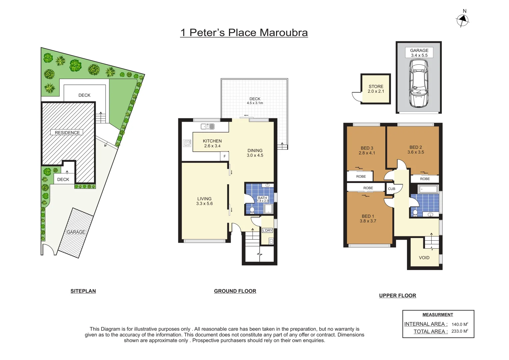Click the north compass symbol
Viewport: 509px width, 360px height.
pos(462,20)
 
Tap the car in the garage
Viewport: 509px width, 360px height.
pos(419,83)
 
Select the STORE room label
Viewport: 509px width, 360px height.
pos(376,89)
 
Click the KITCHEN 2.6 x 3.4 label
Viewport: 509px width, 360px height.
pos(212,143)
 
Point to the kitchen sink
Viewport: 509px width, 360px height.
pos(207,126)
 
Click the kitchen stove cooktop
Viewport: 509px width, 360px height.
pos(187,143)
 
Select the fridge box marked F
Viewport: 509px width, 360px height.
pos(225,156)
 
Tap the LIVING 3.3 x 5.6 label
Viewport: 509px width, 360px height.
pos(204,201)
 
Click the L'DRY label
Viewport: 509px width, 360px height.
pos(267,230)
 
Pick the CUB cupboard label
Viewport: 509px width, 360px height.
pos(391,189)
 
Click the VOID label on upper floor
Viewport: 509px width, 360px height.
pos(424,258)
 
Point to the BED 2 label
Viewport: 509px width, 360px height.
pos(416,150)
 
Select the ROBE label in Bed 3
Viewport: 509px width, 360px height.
pos(361,176)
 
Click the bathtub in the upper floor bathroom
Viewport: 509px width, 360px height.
pos(428,189)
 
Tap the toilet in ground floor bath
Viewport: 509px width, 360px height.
pos(252,210)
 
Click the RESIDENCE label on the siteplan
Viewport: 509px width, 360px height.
pos(67,132)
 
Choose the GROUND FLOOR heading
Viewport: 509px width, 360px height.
pos(235,291)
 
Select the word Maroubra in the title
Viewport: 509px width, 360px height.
pos(283,33)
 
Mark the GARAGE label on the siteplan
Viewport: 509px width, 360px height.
pos(76,232)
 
